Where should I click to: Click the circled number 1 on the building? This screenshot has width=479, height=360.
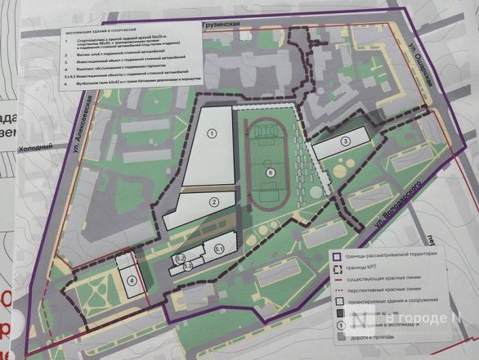[211, 133]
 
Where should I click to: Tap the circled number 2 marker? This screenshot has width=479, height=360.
[213, 201]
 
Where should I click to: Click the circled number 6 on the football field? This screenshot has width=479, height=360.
[270, 173]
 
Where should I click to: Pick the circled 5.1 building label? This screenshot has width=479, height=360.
[218, 248]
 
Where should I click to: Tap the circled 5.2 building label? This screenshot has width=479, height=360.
[182, 259]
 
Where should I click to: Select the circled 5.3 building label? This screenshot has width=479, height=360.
[187, 266]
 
